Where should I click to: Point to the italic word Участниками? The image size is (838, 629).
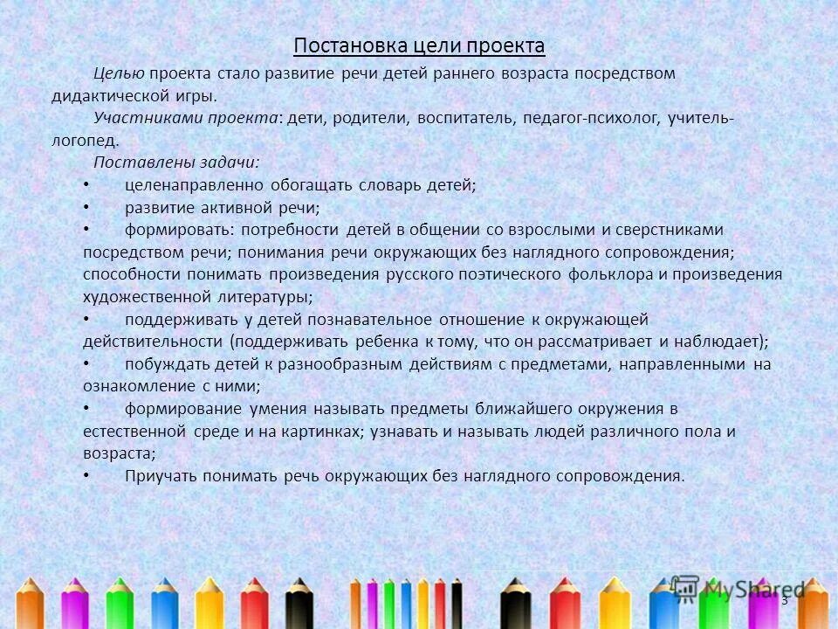point(139,118)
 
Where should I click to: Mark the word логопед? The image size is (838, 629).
point(84,140)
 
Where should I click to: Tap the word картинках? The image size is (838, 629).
point(320,432)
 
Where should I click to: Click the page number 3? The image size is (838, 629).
point(784,600)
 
